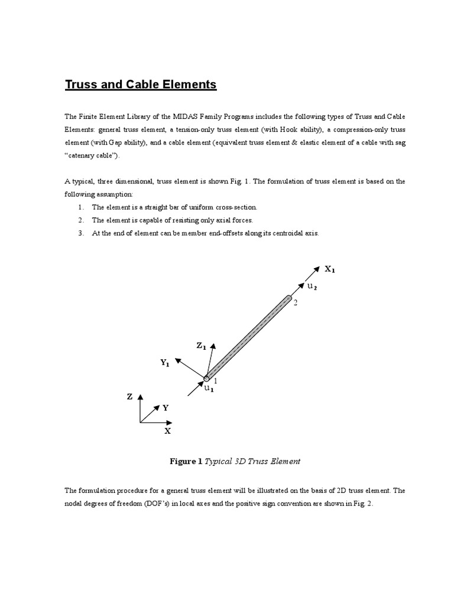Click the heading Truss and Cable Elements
[141, 85]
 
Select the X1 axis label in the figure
[329, 269]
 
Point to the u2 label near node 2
[312, 286]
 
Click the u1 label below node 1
[209, 389]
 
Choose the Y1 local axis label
[165, 363]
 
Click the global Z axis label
[129, 397]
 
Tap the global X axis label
[167, 431]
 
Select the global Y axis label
[166, 408]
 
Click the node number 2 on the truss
[295, 302]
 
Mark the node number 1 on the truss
[215, 381]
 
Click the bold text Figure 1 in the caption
[186, 461]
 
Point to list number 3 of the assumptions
[81, 233]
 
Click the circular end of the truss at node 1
[206, 378]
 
